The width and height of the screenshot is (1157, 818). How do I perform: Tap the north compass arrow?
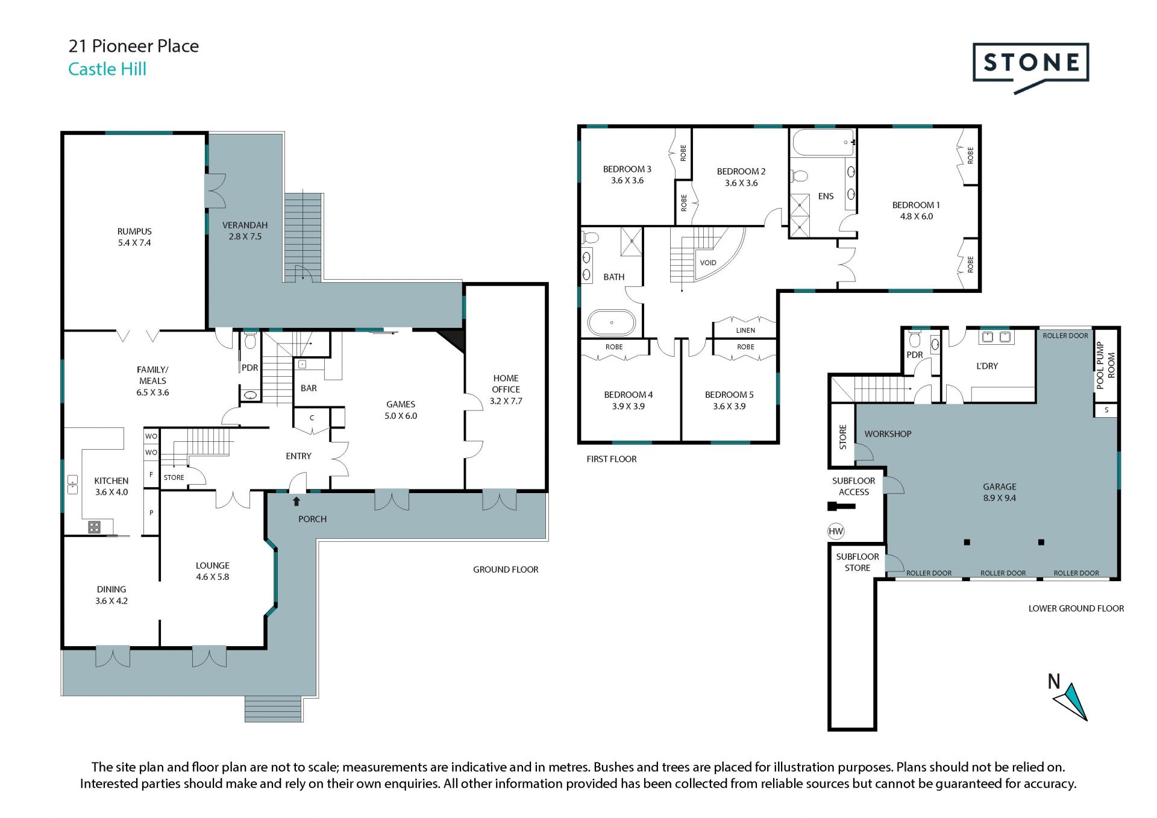coord(1071,702)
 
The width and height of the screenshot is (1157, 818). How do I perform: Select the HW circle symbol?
coord(836,531)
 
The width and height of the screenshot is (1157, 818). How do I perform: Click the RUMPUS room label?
coord(134,231)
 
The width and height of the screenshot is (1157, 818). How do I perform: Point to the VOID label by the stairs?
coord(708,263)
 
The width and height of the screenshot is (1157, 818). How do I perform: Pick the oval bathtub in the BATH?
coord(612,323)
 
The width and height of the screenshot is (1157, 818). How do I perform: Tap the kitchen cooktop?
coord(94,527)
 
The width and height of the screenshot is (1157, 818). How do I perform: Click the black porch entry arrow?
coord(296,501)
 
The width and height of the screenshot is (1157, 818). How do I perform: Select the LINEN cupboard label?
coord(745,330)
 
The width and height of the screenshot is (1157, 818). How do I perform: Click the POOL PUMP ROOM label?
coord(1105,365)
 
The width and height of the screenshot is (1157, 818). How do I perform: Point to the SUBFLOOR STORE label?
coord(858,562)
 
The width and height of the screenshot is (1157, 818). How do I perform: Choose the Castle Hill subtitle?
coord(107,69)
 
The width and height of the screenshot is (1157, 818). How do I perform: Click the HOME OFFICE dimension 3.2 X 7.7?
coord(506,401)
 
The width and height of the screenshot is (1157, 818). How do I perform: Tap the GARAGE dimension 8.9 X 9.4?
coord(1000,498)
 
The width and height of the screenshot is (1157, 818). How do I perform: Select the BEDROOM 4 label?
coord(629,395)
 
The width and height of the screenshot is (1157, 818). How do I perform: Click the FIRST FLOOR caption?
coord(612,459)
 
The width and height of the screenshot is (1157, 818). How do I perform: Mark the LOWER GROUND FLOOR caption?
coord(1076,609)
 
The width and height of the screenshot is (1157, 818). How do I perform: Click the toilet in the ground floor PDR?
coord(250,342)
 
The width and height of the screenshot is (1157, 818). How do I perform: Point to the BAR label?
coord(309,388)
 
